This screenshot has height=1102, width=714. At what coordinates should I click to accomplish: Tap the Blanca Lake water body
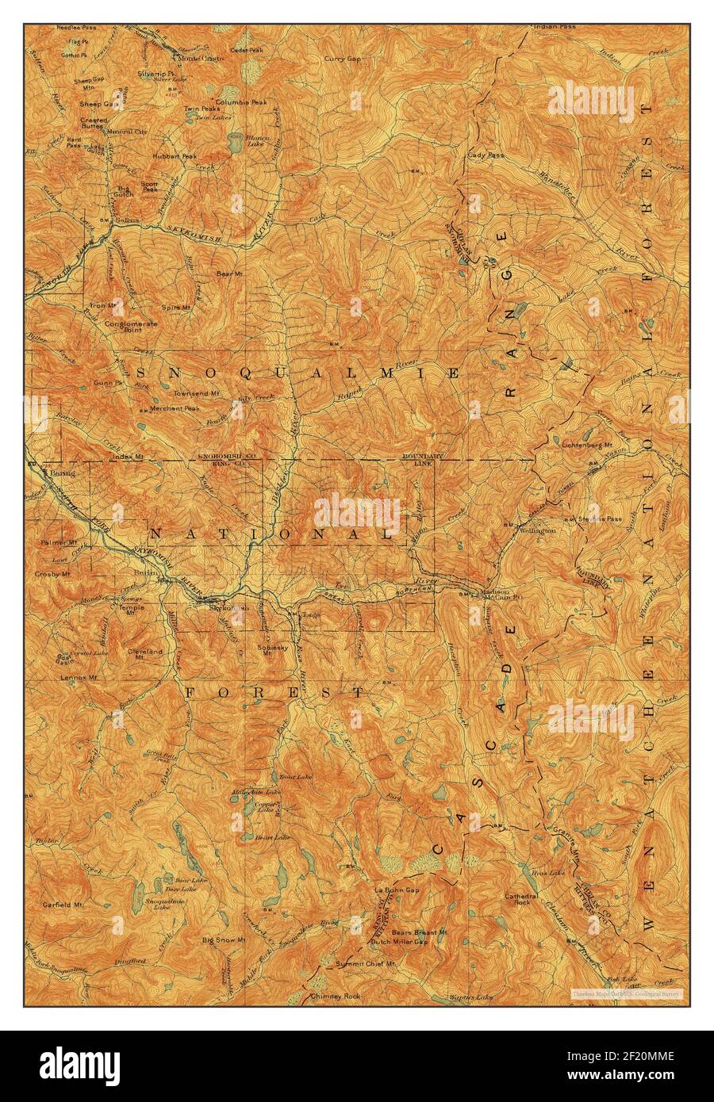click(x=235, y=143)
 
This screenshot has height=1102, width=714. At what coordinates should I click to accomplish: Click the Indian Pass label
click(x=555, y=27)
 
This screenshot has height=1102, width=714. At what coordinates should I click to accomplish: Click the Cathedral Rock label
click(x=522, y=899)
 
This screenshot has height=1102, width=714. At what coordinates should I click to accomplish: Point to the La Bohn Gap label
click(x=396, y=890)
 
